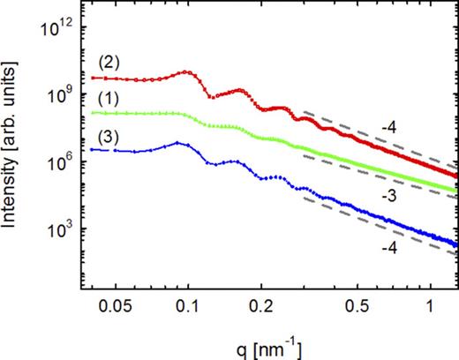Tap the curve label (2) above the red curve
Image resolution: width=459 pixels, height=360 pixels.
point(109,64)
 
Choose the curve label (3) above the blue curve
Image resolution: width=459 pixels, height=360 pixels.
point(109,136)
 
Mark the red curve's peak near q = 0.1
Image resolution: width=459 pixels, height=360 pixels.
point(184,72)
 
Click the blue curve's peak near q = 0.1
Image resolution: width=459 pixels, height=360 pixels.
point(178,143)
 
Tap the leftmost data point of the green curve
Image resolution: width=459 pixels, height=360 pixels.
point(93,113)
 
